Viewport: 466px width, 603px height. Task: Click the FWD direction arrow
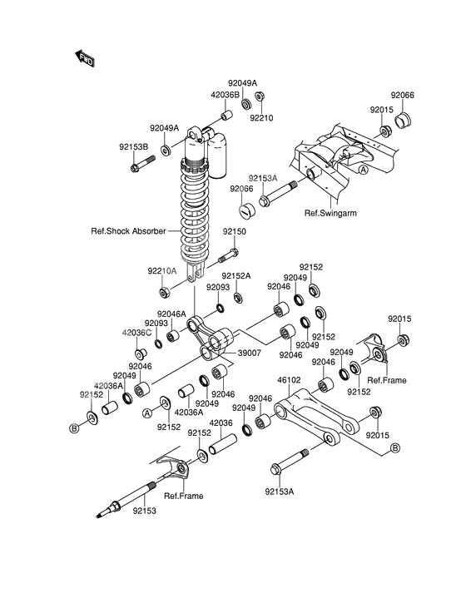[86, 58]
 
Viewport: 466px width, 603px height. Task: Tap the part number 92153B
[133, 147]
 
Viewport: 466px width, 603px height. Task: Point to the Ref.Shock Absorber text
[131, 231]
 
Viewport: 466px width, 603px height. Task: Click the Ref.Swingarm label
[330, 213]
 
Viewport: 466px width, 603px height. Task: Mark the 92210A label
[163, 270]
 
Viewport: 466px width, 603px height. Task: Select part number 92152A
[236, 276]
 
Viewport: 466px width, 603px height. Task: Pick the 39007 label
[250, 353]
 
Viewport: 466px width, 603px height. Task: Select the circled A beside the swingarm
[363, 169]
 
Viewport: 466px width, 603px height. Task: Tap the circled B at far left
[73, 427]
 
